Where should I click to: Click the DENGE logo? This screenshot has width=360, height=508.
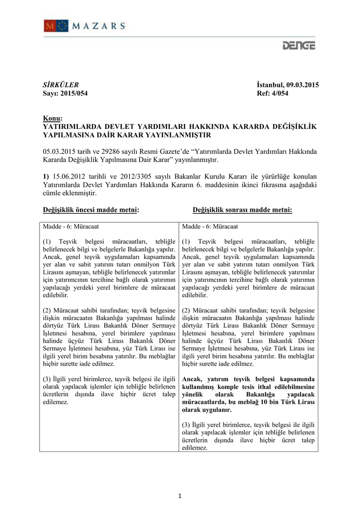click(298, 46)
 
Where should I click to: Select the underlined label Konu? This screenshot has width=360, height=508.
click(52, 118)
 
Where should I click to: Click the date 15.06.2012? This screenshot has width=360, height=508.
click(70, 177)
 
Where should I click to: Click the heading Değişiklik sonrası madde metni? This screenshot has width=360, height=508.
click(242, 210)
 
